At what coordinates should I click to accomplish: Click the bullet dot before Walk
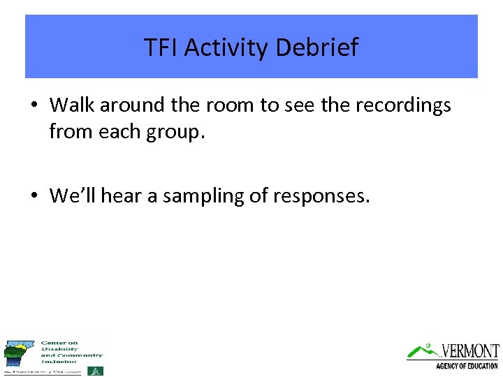click(x=34, y=105)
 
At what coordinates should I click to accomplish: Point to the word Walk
click(x=72, y=105)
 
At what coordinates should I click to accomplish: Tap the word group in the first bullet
click(x=174, y=131)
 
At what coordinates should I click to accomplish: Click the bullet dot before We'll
click(x=34, y=196)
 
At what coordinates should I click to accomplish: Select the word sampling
click(x=203, y=196)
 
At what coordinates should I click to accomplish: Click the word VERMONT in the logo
click(x=470, y=351)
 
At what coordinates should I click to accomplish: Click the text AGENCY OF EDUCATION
click(x=467, y=366)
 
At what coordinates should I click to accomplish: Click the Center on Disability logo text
click(x=71, y=352)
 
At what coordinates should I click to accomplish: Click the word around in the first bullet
click(x=131, y=105)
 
